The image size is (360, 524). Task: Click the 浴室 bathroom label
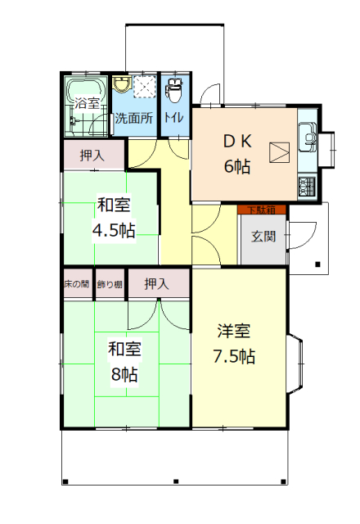87,103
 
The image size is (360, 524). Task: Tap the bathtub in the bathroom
86,89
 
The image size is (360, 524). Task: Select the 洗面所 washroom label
134,118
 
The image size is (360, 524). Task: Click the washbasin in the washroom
122,84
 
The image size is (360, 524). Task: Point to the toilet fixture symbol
174,89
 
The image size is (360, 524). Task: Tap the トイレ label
173,117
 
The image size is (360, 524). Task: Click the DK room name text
237,142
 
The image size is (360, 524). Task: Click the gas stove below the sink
307,186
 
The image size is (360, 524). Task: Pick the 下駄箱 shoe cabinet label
262,210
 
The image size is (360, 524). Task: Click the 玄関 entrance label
263,237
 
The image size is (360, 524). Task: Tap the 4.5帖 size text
114,230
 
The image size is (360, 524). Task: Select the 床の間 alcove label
76,284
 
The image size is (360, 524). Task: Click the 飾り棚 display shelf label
110,284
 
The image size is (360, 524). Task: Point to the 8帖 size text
124,375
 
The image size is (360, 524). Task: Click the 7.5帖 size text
235,357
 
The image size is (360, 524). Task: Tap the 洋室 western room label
234,331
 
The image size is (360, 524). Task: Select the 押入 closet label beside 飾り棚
156,284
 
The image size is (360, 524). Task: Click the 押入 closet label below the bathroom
92,156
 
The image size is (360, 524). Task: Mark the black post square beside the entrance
317,264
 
